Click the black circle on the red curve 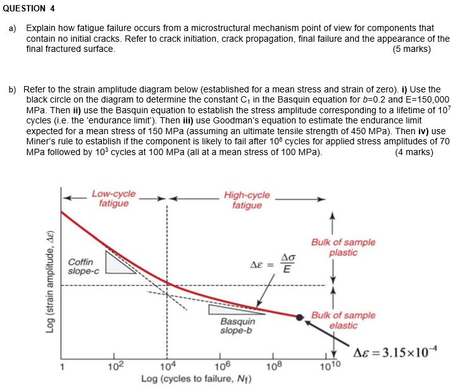click(x=300, y=316)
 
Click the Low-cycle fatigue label click(x=114, y=199)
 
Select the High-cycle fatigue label click(x=247, y=200)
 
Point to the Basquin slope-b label click(x=238, y=326)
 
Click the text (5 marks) click(x=411, y=49)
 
